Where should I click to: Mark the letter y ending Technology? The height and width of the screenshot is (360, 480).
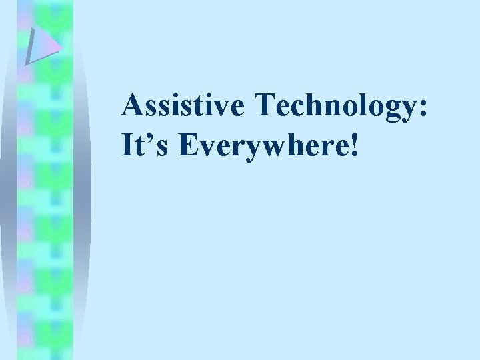pos(405,113)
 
